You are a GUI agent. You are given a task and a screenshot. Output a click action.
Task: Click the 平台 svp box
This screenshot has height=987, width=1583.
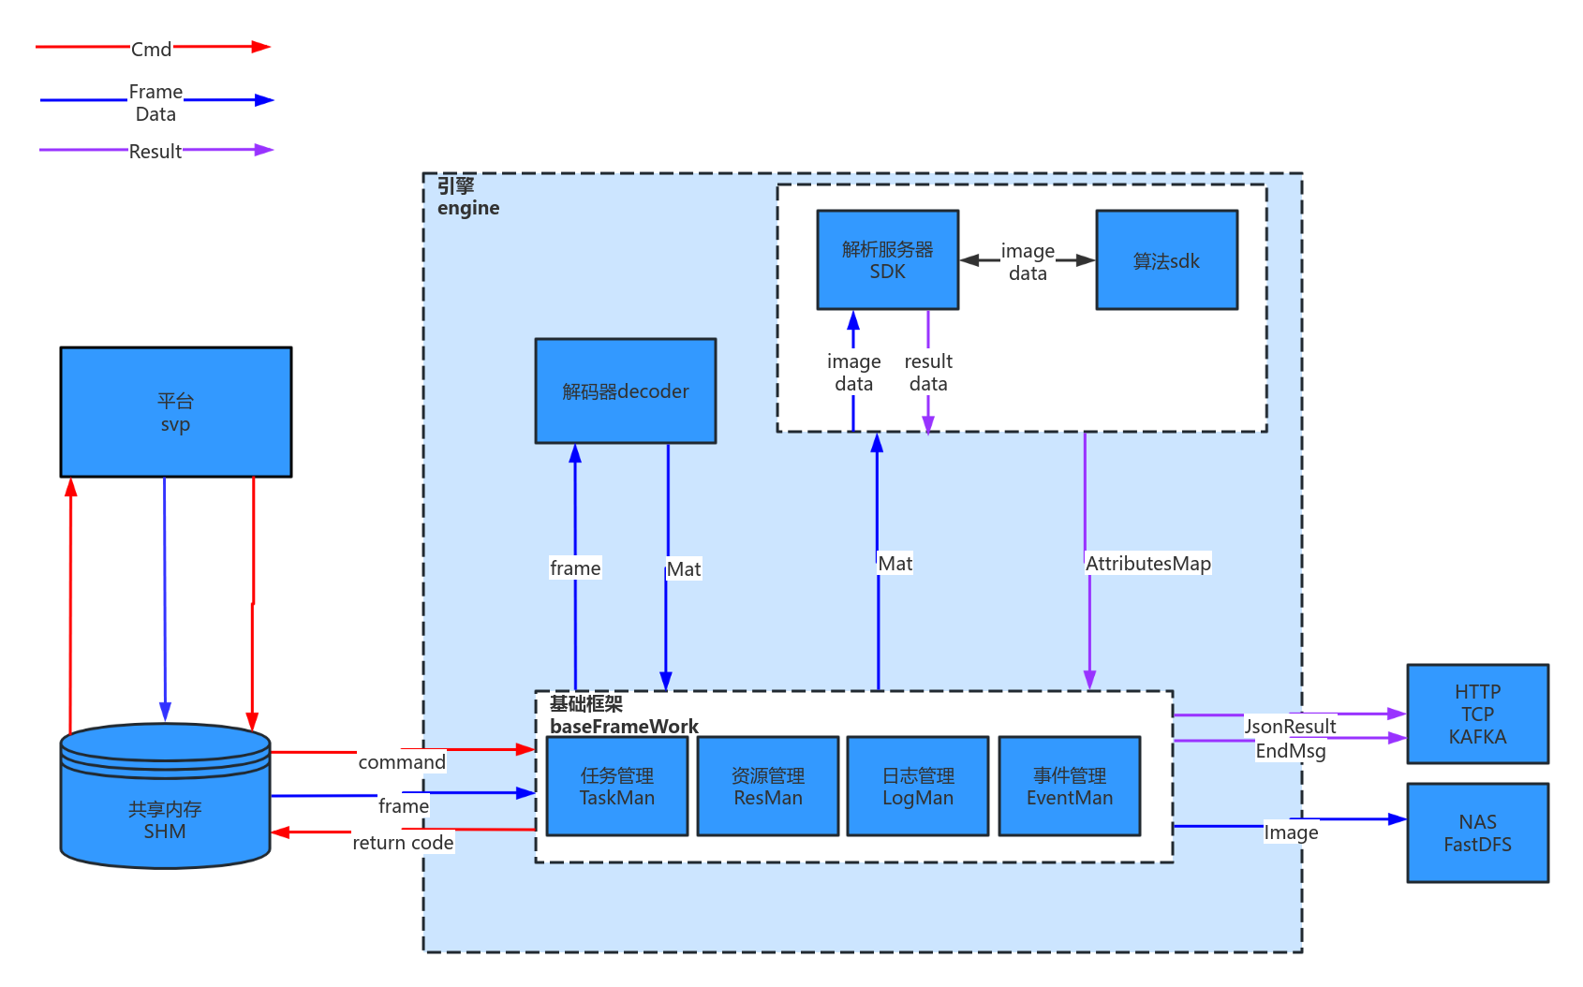click(175, 412)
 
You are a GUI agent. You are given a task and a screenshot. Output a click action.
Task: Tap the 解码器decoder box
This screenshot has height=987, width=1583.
click(625, 390)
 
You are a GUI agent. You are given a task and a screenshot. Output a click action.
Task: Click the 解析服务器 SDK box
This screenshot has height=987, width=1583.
click(887, 259)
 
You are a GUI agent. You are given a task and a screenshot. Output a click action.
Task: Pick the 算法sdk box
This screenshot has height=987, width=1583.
click(1166, 260)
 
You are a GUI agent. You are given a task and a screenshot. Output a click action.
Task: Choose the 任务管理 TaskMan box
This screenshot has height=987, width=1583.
click(616, 786)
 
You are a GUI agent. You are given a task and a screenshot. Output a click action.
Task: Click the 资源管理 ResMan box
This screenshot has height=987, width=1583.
click(767, 786)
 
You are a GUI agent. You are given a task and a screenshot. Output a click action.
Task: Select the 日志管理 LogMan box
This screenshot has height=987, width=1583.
click(917, 786)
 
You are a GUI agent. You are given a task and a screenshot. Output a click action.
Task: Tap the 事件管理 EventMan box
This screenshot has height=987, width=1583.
click(1069, 786)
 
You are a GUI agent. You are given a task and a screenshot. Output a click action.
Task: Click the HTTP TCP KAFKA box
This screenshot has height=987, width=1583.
click(1476, 714)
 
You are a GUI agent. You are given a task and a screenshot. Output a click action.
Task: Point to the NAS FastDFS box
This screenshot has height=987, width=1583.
click(1476, 832)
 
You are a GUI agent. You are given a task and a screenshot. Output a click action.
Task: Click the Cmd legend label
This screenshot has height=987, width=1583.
click(151, 49)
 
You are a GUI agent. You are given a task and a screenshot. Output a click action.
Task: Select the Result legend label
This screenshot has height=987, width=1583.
click(155, 151)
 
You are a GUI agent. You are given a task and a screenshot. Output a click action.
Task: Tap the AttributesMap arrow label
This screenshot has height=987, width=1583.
click(1147, 563)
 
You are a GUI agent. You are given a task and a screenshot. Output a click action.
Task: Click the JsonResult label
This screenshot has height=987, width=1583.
click(1289, 726)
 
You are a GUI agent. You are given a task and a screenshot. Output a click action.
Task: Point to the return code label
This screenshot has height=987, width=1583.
click(403, 842)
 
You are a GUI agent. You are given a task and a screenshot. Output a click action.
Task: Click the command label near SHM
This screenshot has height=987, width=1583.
click(401, 761)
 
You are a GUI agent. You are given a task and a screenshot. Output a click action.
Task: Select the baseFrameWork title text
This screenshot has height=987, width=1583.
click(624, 726)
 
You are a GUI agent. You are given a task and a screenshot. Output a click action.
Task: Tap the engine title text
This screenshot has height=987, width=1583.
click(467, 208)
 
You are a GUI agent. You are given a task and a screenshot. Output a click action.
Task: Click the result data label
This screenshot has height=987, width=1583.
click(927, 372)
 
